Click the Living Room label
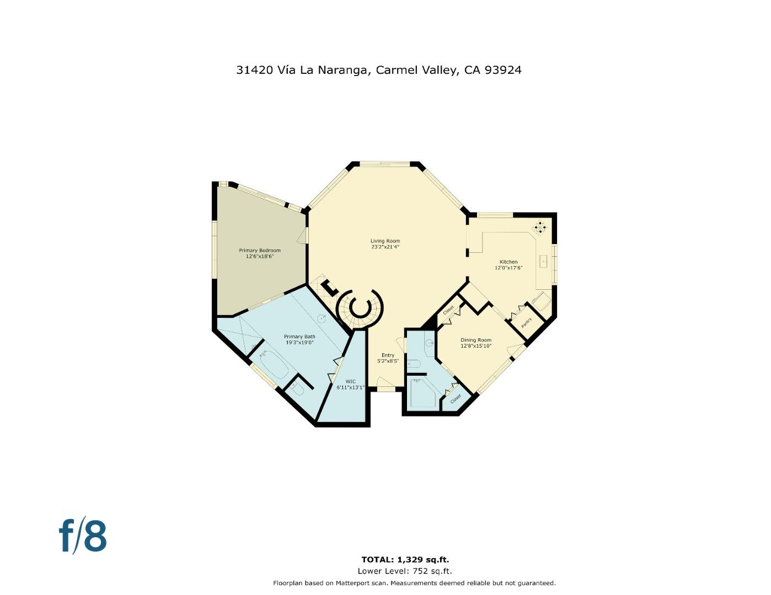(x=385, y=241)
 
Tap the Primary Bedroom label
(x=259, y=251)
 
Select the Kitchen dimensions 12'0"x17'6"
(x=508, y=268)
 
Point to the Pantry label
(x=527, y=322)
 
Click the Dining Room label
(x=475, y=340)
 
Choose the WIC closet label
(x=350, y=381)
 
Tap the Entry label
(x=388, y=355)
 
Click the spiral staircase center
(x=360, y=308)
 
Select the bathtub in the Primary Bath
(x=274, y=365)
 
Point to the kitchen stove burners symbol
(x=539, y=227)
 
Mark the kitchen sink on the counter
(x=543, y=261)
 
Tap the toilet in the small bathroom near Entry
(x=414, y=364)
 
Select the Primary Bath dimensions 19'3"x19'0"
(x=299, y=343)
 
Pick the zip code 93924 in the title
(x=503, y=70)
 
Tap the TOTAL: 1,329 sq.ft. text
(x=405, y=560)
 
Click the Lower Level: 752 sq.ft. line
(x=405, y=571)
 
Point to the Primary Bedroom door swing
(x=302, y=236)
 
